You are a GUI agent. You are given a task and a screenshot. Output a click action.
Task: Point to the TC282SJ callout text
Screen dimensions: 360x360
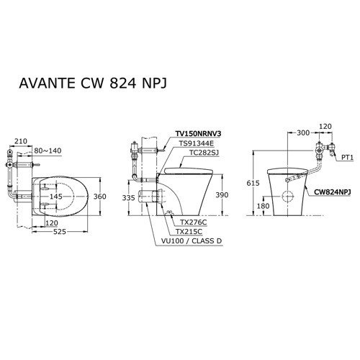pyautogui.click(x=202, y=153)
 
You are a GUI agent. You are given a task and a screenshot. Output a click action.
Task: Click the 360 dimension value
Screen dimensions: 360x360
pyautogui.click(x=100, y=197)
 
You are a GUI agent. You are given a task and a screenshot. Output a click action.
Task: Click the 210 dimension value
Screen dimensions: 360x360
pyautogui.click(x=20, y=141)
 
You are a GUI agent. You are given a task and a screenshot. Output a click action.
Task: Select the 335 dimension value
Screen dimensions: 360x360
pyautogui.click(x=128, y=197)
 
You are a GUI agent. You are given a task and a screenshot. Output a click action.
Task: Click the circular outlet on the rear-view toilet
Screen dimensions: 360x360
pyautogui.click(x=287, y=197)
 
